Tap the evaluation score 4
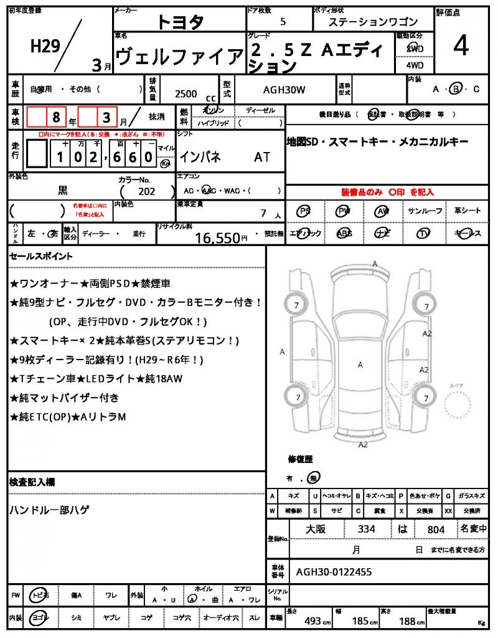[461, 47]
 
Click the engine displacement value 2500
[186, 94]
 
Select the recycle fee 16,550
[217, 237]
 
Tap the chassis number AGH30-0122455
[334, 571]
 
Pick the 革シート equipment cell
[467, 212]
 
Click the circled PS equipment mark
[304, 212]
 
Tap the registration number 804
[436, 530]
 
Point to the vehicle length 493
[312, 621]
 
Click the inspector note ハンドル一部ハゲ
[49, 510]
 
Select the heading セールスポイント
[41, 256]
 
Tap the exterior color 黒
[63, 191]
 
